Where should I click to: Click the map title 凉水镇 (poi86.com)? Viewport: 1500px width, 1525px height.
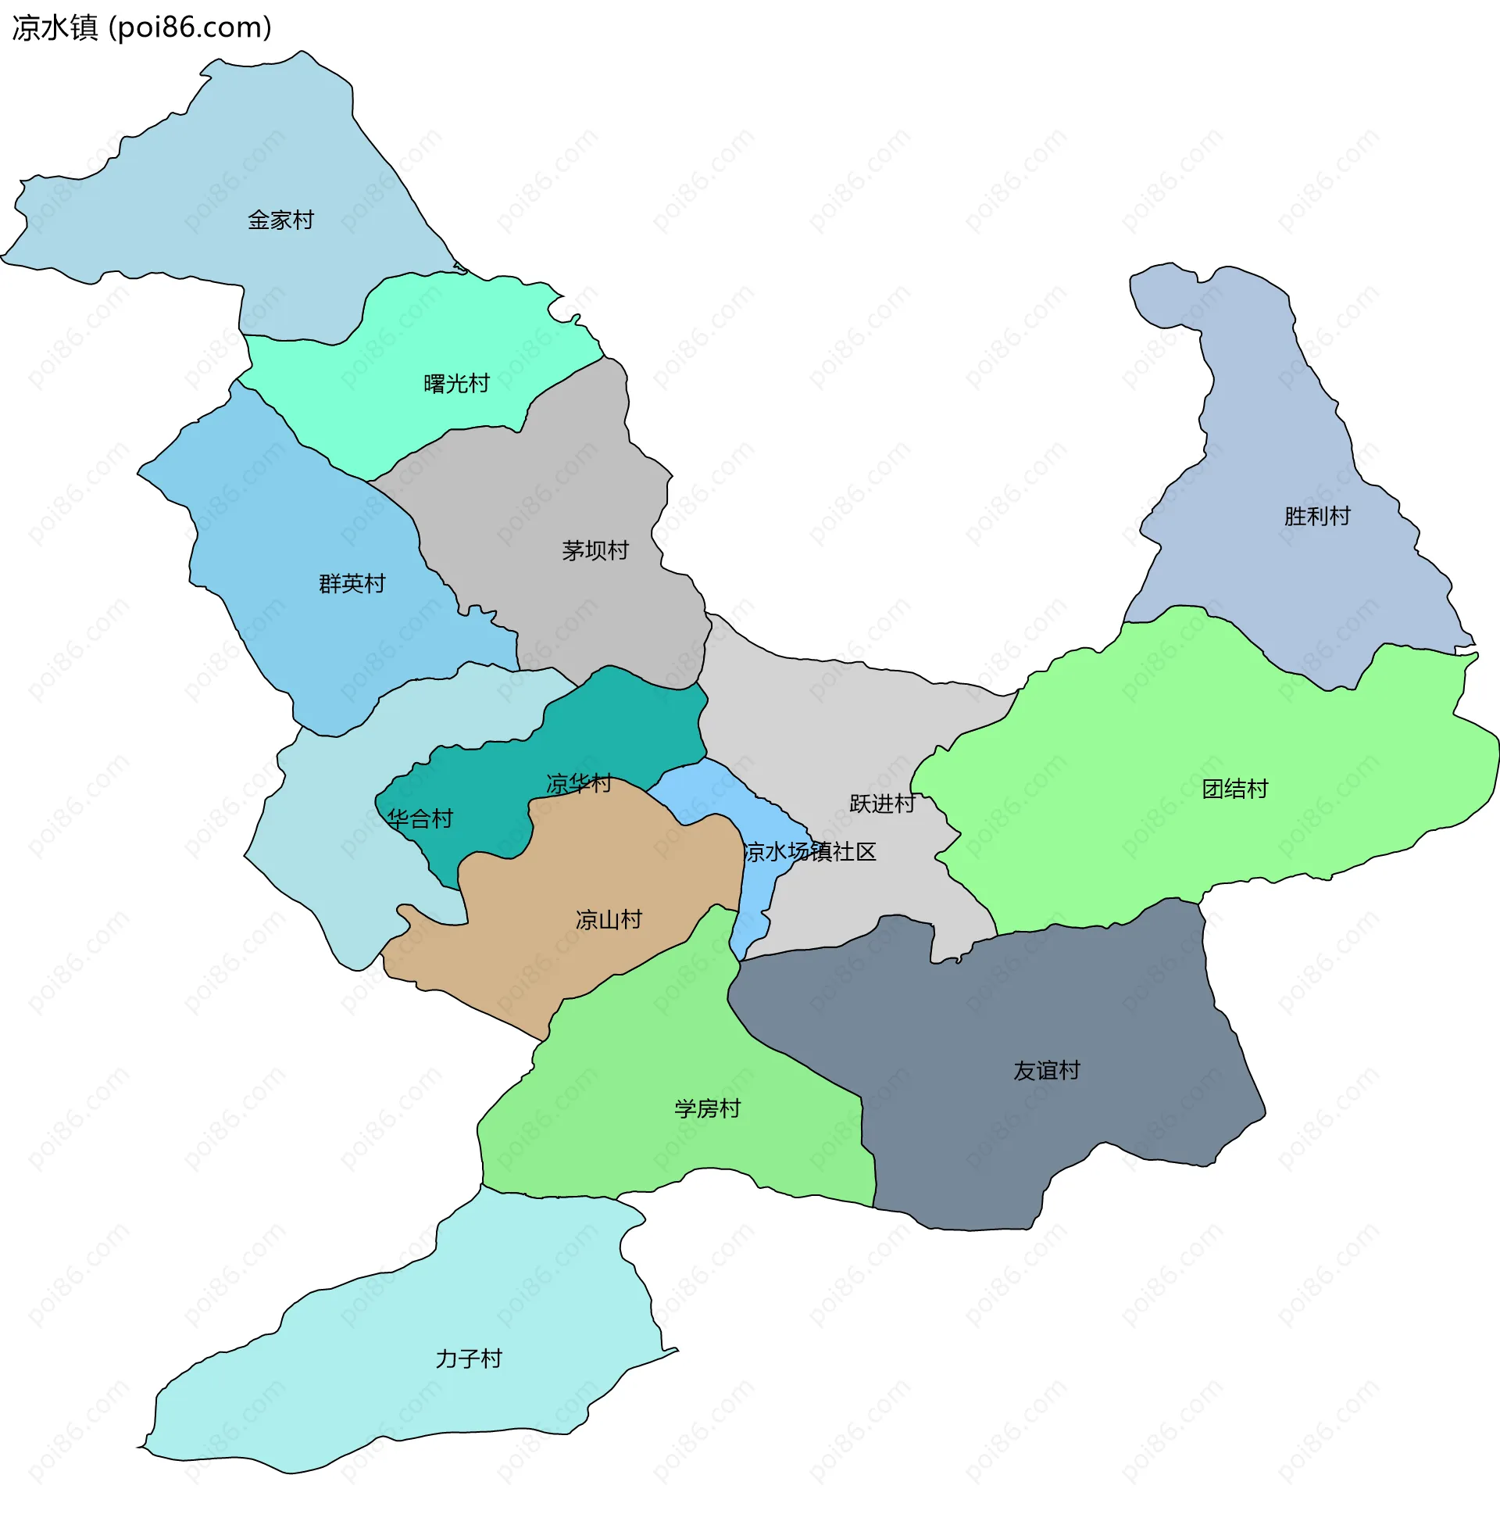[x=142, y=27]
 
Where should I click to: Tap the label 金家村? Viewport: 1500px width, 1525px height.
[x=280, y=220]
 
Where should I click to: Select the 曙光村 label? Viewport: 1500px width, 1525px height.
[x=456, y=384]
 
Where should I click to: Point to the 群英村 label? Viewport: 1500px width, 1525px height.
[x=352, y=584]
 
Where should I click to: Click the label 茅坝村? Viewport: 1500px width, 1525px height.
[x=595, y=551]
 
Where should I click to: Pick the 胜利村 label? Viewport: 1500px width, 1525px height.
[x=1316, y=516]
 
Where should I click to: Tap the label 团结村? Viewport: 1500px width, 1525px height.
[x=1234, y=789]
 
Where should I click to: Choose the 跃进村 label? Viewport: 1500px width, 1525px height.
[x=881, y=804]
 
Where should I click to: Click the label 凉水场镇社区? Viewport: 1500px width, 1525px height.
[x=810, y=852]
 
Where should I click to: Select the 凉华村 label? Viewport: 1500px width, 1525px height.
[x=578, y=783]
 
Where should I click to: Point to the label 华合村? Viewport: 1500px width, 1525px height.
[x=420, y=820]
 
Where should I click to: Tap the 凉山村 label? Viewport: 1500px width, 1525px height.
[x=608, y=920]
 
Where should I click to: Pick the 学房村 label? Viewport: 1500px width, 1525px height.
[x=707, y=1109]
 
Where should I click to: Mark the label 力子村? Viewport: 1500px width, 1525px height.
[x=468, y=1358]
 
